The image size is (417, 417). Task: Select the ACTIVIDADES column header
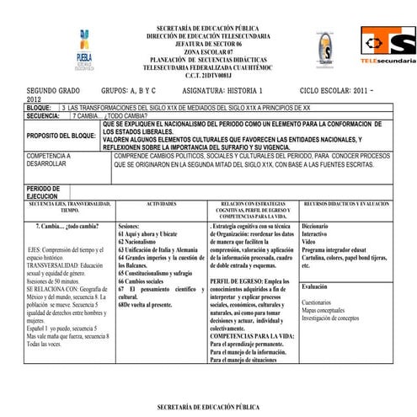pos(161,205)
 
